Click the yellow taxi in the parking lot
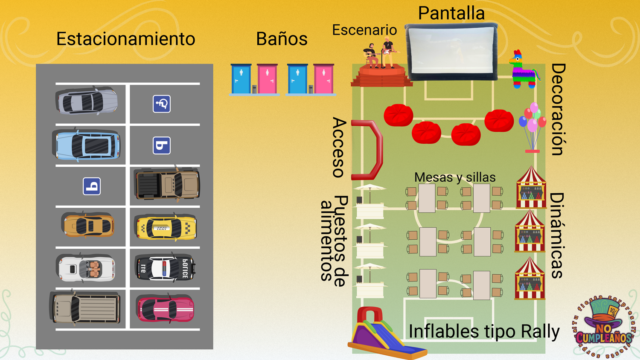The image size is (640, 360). click(x=166, y=227)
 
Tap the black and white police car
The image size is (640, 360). click(x=165, y=268)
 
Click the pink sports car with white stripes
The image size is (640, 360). click(x=166, y=309)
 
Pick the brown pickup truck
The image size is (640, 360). click(x=167, y=185)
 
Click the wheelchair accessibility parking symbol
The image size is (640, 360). click(x=162, y=104)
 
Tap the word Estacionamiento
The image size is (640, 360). click(x=125, y=39)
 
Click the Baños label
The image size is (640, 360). click(x=282, y=39)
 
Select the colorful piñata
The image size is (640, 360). click(x=524, y=70)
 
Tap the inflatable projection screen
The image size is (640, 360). click(x=452, y=52)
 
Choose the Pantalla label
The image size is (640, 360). click(x=451, y=13)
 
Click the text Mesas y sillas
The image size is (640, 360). click(x=454, y=177)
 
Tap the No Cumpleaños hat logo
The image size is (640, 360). click(x=604, y=326)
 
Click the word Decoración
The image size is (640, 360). click(x=558, y=110)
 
